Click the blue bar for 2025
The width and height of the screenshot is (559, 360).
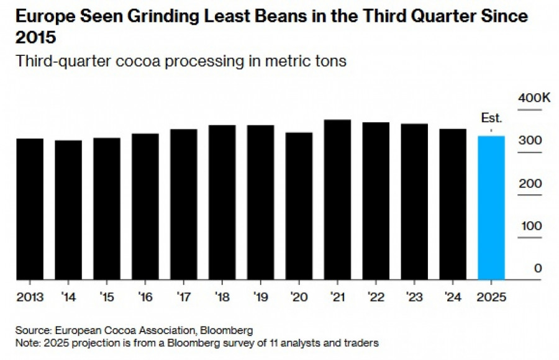(x=491, y=208)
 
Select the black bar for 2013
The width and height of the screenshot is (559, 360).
(x=30, y=209)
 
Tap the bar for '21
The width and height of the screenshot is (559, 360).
(x=337, y=200)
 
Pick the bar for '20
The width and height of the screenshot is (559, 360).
(x=299, y=206)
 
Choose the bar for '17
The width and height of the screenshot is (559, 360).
(x=183, y=205)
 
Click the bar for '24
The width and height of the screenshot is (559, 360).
(x=452, y=204)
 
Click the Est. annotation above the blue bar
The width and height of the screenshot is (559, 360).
(x=491, y=119)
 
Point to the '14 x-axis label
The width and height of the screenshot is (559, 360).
(x=68, y=297)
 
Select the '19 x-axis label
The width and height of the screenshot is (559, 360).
(x=260, y=297)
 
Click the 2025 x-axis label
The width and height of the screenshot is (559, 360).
(x=491, y=297)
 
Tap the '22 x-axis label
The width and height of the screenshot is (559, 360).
(x=376, y=297)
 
